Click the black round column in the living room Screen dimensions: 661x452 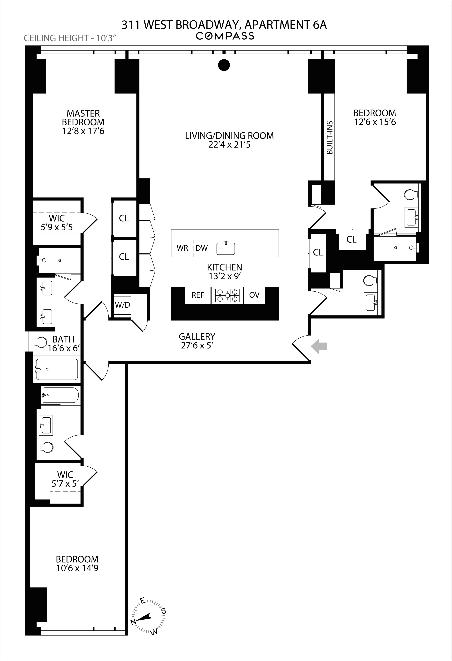224,65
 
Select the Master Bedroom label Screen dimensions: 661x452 83,118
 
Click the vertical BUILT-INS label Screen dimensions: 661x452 330,138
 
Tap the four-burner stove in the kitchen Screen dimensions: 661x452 227,295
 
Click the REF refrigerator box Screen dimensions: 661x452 198,295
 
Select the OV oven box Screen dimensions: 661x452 254,295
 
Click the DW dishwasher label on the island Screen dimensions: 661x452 202,248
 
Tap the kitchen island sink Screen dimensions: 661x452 226,248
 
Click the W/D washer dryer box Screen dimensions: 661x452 122,305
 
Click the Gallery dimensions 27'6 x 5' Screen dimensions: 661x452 197,346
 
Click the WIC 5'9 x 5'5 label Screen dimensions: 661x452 57,223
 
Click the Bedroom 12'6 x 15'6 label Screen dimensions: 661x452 375,117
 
